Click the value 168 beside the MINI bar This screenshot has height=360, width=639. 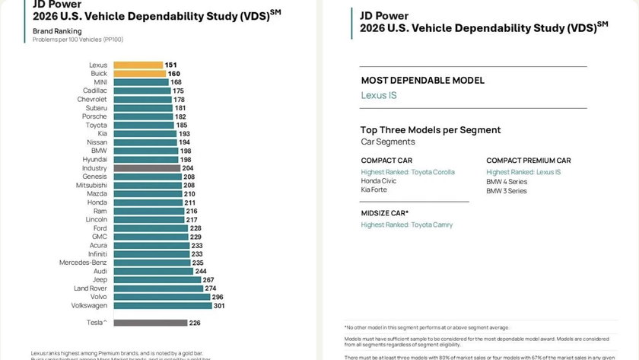[176, 82]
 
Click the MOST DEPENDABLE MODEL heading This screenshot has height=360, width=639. [422, 81]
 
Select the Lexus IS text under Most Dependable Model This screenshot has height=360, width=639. [379, 96]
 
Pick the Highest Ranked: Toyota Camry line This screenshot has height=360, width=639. [407, 225]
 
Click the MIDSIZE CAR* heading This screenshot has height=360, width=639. [385, 213]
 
